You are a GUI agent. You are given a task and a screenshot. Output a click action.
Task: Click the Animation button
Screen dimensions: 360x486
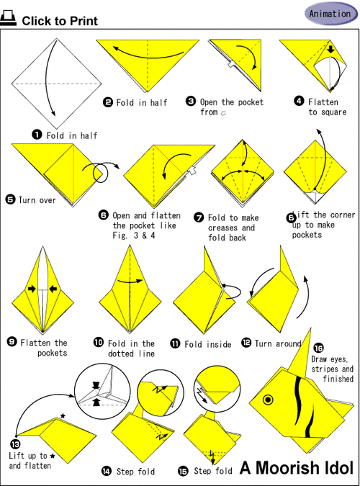pyautogui.click(x=331, y=14)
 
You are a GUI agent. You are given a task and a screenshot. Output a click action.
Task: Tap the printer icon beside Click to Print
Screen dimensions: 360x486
pyautogui.click(x=9, y=18)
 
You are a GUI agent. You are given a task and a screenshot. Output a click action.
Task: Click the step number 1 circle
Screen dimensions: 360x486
pyautogui.click(x=37, y=135)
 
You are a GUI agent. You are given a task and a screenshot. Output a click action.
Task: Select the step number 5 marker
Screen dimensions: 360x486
pyautogui.click(x=10, y=199)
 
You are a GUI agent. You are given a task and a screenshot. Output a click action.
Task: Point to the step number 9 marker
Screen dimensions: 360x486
pyautogui.click(x=12, y=342)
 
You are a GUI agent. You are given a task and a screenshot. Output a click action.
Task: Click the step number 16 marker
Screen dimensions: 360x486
pyautogui.click(x=318, y=348)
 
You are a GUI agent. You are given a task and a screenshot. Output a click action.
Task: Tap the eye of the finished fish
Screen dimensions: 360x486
pyautogui.click(x=268, y=400)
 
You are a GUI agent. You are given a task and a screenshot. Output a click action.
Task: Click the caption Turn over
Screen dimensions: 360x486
pyautogui.click(x=37, y=200)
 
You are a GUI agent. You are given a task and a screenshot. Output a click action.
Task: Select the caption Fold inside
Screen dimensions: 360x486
pyautogui.click(x=208, y=344)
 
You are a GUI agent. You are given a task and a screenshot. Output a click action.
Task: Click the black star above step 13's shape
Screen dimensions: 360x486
pyautogui.click(x=63, y=416)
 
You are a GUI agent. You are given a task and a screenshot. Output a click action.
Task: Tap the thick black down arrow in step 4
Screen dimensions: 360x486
pyautogui.click(x=331, y=49)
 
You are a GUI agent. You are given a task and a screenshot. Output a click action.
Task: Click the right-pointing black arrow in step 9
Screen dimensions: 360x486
pyautogui.click(x=32, y=289)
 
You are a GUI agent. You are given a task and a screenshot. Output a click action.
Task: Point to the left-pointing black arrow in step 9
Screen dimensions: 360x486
pyautogui.click(x=53, y=289)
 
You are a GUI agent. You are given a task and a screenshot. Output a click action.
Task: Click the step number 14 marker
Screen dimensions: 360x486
pyautogui.click(x=107, y=472)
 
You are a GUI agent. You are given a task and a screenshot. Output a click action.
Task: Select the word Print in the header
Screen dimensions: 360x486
pyautogui.click(x=84, y=21)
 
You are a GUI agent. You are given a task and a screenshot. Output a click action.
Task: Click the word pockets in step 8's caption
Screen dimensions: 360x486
pyautogui.click(x=307, y=235)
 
